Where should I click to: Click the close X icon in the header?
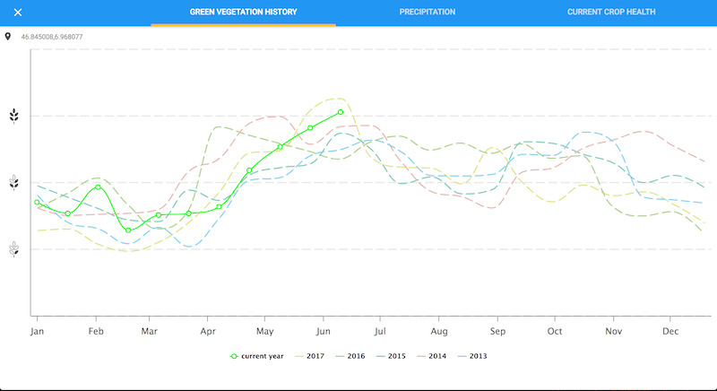pyautogui.click(x=17, y=13)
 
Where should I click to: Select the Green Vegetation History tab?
pyautogui.click(x=243, y=13)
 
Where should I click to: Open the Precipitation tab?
pyautogui.click(x=428, y=13)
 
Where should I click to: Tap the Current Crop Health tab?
pyautogui.click(x=611, y=13)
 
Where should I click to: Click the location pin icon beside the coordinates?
pyautogui.click(x=8, y=37)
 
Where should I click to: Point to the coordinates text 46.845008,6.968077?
pyautogui.click(x=52, y=37)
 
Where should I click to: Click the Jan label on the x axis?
pyautogui.click(x=38, y=331)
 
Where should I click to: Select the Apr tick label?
pyautogui.click(x=207, y=331)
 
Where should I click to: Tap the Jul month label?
pyautogui.click(x=380, y=331)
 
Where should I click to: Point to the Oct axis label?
pyautogui.click(x=555, y=331)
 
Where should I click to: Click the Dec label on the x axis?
pyautogui.click(x=670, y=331)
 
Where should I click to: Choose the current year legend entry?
pyautogui.click(x=257, y=356)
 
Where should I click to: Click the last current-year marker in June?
pyautogui.click(x=341, y=112)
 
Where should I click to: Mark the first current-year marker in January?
pyautogui.click(x=37, y=203)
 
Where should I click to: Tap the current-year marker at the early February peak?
pyautogui.click(x=98, y=187)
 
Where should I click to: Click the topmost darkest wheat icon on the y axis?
pyautogui.click(x=13, y=116)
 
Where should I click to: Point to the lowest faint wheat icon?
pyautogui.click(x=13, y=249)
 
